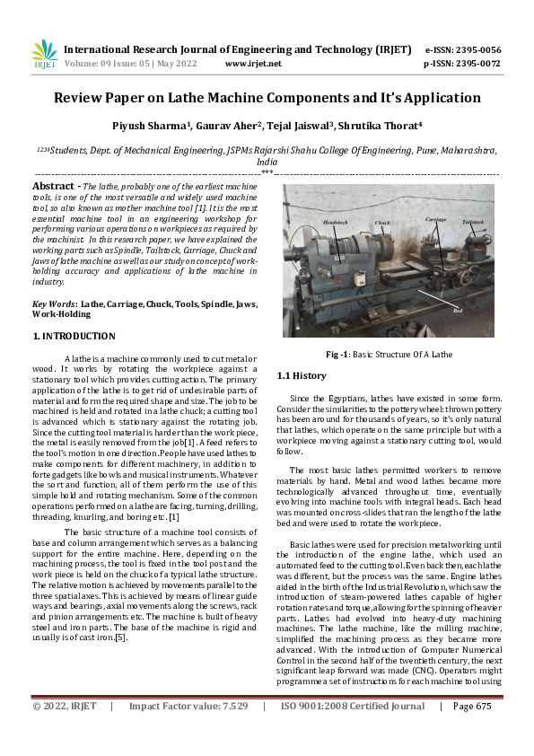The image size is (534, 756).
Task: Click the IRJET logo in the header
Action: (x=43, y=56)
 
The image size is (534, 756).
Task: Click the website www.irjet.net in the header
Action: (x=252, y=64)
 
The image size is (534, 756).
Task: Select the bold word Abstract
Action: (x=52, y=185)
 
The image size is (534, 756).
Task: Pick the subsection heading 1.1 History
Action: (x=302, y=375)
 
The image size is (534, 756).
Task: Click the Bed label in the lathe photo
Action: (x=458, y=310)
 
